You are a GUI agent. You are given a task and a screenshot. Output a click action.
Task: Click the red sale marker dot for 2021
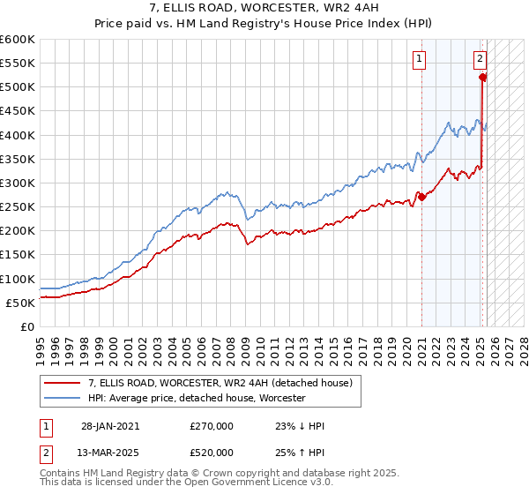[x=421, y=197]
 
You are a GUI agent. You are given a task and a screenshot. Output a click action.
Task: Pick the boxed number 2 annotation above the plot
[x=480, y=60]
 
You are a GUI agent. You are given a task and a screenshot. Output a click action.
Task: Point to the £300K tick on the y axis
[x=17, y=183]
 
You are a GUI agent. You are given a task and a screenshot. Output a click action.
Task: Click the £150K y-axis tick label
[x=17, y=254]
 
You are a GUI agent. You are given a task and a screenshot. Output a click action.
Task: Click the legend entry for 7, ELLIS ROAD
[x=220, y=383]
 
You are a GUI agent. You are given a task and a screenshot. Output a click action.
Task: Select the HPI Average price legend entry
[x=196, y=398]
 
